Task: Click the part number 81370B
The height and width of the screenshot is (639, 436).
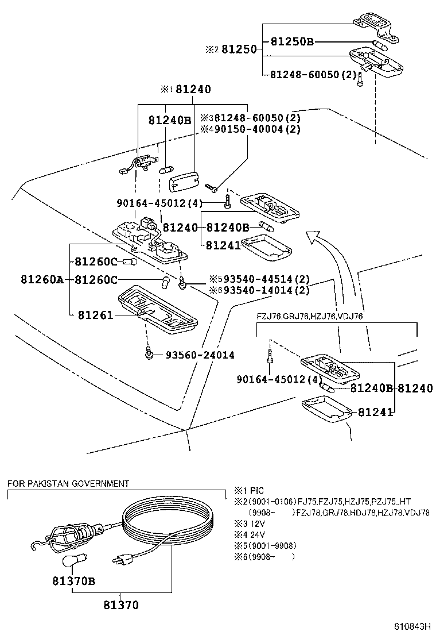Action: tap(71, 581)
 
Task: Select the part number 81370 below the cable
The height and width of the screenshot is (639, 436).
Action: tap(120, 605)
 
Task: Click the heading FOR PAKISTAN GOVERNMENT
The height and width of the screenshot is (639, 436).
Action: tap(68, 484)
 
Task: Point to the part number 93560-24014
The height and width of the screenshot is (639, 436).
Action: tap(200, 355)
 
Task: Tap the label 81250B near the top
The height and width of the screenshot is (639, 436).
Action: tap(292, 41)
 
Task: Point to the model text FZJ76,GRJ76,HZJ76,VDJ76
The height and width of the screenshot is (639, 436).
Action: tap(310, 316)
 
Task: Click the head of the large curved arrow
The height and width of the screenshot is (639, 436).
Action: tap(314, 236)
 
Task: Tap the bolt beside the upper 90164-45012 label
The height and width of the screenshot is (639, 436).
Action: tap(227, 202)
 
